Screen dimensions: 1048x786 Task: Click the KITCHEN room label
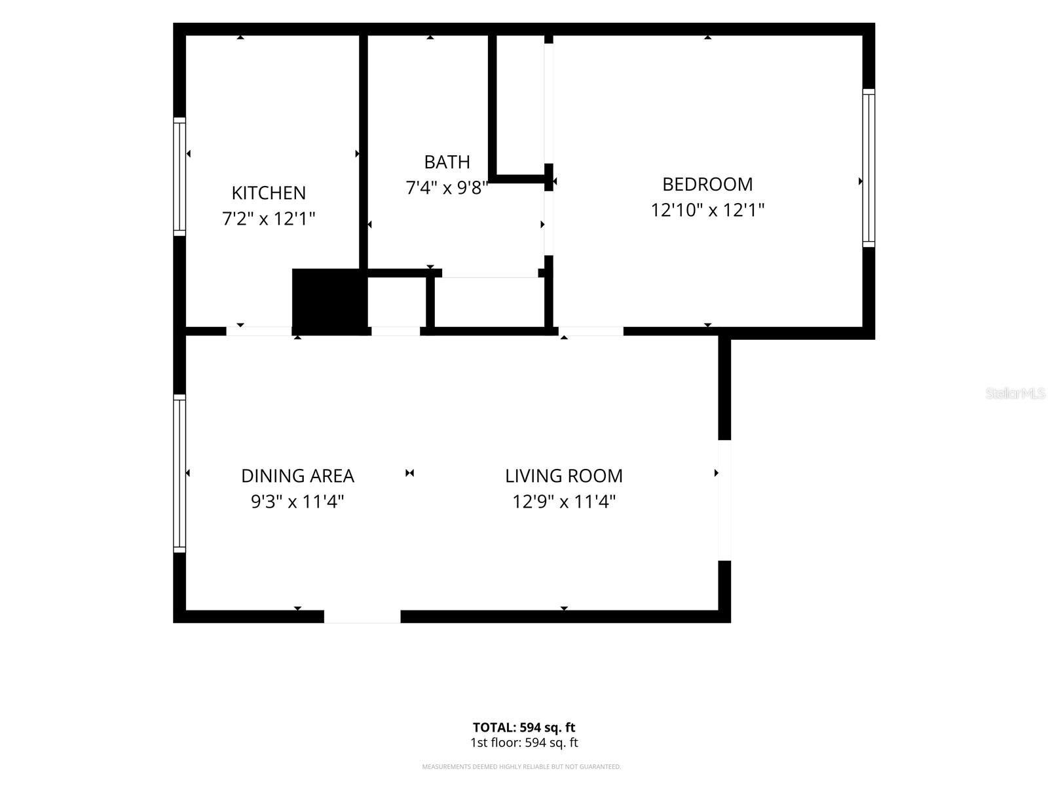pos(269,193)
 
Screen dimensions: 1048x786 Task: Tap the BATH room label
pos(447,162)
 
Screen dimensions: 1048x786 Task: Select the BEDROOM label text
pos(707,184)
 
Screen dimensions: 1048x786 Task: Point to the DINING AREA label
pos(297,476)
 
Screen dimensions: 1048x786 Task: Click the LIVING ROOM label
pos(564,476)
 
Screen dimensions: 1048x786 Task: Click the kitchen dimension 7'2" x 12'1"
pos(269,219)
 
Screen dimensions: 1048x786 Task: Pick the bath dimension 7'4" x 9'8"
pos(447,188)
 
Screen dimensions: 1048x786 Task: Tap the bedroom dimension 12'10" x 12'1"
pos(707,210)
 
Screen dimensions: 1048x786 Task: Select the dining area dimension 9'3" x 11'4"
pos(297,502)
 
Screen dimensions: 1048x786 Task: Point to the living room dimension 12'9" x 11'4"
pos(564,502)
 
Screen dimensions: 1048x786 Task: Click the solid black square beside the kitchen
pos(329,301)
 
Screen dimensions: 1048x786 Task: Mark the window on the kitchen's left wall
pos(179,177)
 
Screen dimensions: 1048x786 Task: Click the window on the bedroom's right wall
pos(869,168)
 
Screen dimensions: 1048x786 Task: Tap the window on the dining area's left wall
pos(179,474)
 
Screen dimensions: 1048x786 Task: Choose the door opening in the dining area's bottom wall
pos(362,616)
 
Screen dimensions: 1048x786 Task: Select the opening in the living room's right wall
pos(725,500)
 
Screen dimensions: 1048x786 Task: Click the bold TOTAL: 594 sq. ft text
pos(524,727)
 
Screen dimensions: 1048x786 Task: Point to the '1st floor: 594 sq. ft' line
pos(524,743)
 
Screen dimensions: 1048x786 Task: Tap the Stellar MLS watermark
pos(1015,393)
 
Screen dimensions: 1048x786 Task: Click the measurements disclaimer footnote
pos(521,767)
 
